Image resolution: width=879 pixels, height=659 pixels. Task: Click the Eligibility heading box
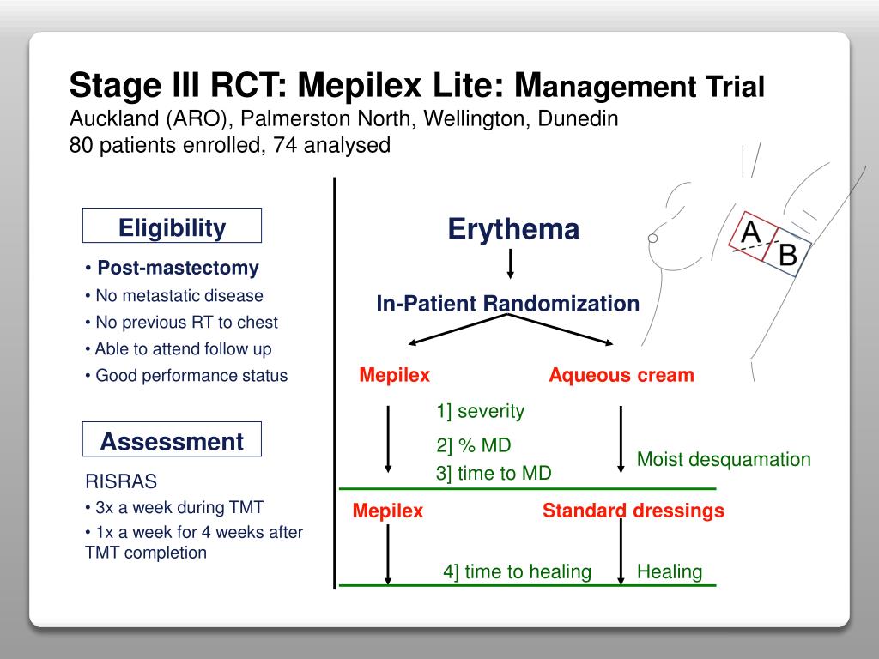point(172,227)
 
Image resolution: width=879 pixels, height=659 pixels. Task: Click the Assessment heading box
point(172,441)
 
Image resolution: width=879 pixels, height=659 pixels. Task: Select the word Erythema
point(513,229)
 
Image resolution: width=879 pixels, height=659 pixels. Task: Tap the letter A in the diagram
point(750,232)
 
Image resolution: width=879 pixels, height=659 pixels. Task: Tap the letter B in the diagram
point(787,255)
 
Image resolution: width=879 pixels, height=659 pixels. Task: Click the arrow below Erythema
point(511,263)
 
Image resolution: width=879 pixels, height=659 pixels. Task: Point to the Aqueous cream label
point(621,375)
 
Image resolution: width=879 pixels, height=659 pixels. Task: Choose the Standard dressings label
point(633,511)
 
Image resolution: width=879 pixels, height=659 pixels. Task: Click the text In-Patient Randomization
point(507,303)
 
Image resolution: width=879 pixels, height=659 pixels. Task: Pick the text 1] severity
point(480,410)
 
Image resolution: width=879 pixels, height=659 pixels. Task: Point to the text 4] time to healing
point(517,571)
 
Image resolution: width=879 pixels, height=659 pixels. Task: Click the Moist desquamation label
point(723,459)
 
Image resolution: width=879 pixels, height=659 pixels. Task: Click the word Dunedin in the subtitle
point(578,118)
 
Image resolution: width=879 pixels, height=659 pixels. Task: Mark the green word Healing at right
point(669,571)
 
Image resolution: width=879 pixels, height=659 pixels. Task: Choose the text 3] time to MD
point(494,473)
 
